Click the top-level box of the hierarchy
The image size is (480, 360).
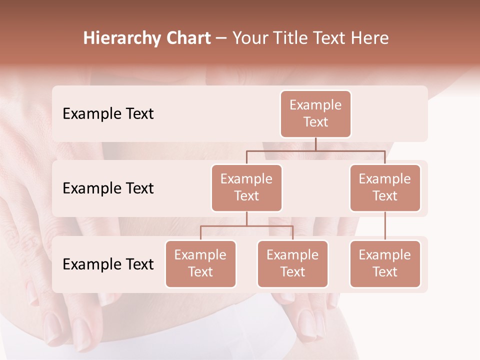tap(315, 114)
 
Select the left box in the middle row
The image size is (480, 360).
tap(246, 188)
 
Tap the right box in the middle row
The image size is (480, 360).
tap(385, 188)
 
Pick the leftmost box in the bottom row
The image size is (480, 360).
tap(200, 264)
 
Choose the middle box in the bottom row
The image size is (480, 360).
tap(292, 264)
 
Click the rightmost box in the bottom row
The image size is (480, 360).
tap(385, 264)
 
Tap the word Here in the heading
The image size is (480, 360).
tap(370, 38)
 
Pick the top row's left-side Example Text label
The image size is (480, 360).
tap(108, 114)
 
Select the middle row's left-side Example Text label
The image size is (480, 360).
tap(108, 188)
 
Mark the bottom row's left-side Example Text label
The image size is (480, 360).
tap(108, 264)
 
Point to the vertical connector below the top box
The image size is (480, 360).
tap(315, 144)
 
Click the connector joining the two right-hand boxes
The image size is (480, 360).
tap(385, 226)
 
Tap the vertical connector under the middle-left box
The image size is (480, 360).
tap(246, 218)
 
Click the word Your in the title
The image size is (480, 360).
tap(250, 38)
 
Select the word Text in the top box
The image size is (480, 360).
tap(315, 122)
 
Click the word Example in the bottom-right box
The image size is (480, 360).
tap(385, 255)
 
